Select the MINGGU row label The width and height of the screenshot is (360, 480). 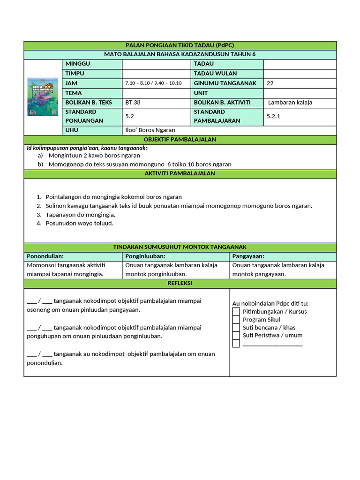click(x=78, y=64)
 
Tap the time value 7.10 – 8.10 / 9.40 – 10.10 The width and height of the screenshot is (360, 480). click(x=153, y=83)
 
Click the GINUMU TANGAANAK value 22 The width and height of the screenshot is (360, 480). click(x=270, y=83)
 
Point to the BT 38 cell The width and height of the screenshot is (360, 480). click(x=133, y=102)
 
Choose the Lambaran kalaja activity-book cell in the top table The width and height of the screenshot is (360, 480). click(x=290, y=102)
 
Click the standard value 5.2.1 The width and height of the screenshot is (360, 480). click(x=273, y=116)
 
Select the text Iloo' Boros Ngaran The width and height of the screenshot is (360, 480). click(x=150, y=130)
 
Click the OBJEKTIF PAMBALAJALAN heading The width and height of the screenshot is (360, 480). click(x=180, y=140)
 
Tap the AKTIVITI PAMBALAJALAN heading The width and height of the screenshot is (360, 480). click(x=180, y=173)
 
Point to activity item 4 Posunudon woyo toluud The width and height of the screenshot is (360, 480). click(x=80, y=223)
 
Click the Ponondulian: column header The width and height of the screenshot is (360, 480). click(x=45, y=256)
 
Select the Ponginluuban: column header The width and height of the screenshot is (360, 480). click(x=146, y=256)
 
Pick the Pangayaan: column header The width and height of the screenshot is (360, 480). click(x=248, y=256)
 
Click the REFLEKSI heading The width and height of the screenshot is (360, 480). click(x=180, y=283)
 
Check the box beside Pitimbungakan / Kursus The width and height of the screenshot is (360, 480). click(x=236, y=312)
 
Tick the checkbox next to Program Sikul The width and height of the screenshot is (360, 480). click(x=236, y=320)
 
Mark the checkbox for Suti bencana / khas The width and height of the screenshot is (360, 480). click(x=236, y=328)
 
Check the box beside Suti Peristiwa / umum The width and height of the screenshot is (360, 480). click(x=236, y=336)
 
